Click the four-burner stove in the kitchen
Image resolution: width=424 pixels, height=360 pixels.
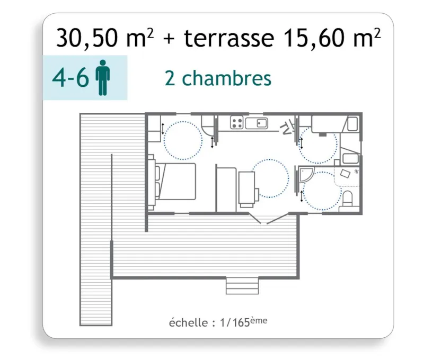pos(237,123)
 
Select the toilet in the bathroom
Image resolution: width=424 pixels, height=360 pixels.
pos(348,200)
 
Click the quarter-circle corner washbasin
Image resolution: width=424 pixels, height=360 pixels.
pos(305,174)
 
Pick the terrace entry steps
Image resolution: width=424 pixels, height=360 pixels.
pos(242,286)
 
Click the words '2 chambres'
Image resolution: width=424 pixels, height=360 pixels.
pos(218,78)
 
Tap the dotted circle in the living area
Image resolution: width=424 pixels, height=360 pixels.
pos(270,178)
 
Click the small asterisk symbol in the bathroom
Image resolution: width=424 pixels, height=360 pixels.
pos(356,172)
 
